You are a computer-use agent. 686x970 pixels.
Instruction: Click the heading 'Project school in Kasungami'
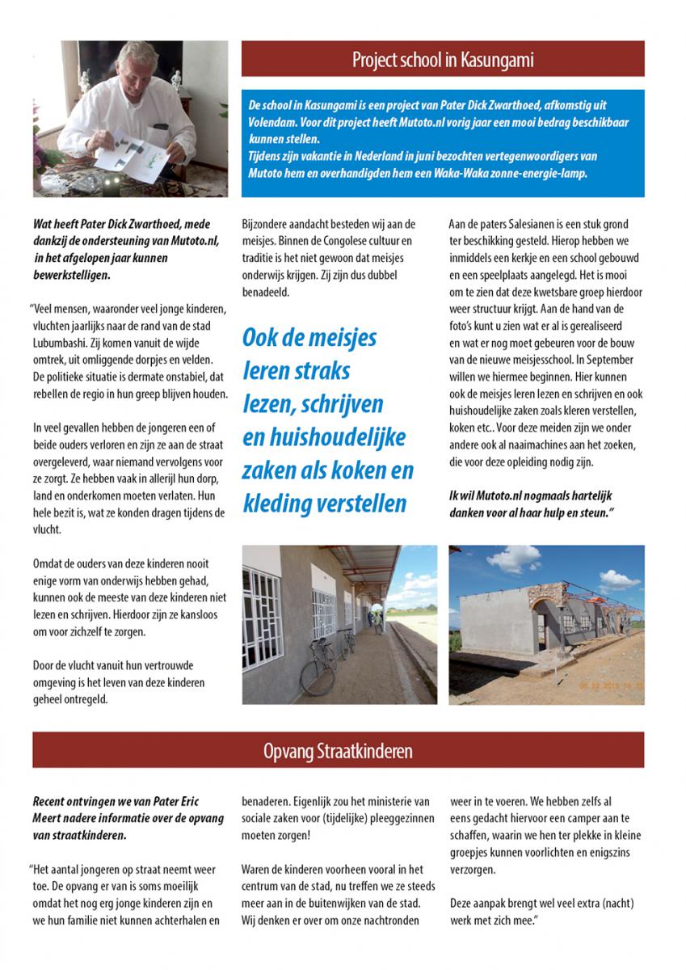(x=443, y=60)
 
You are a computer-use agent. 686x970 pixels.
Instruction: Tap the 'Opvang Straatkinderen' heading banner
(x=338, y=751)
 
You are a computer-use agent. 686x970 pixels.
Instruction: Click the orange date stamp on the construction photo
(x=611, y=685)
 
